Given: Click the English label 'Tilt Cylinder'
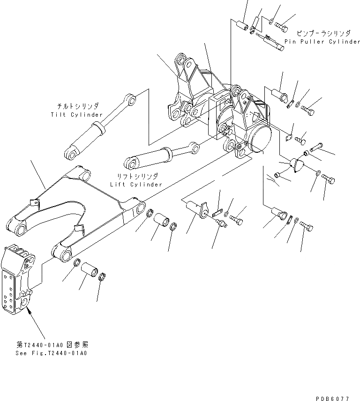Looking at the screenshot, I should coord(77,115).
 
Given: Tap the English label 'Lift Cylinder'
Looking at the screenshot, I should coord(136,184).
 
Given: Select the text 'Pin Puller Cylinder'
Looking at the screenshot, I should coord(322,42).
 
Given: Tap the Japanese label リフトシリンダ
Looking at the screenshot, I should coord(137,176).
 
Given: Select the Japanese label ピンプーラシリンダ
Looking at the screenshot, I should coord(323,34).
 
